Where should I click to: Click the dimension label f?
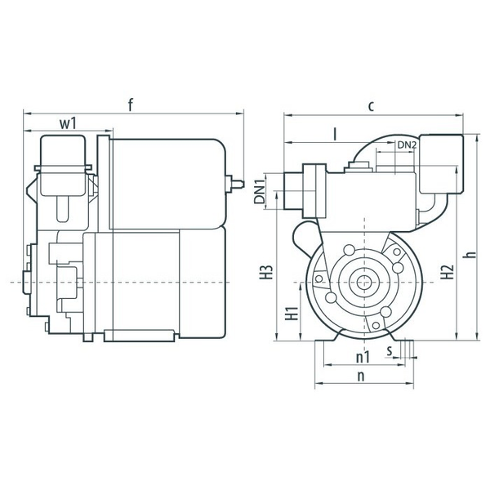click(x=131, y=105)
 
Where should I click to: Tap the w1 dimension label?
click(x=68, y=123)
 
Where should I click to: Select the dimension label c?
click(x=371, y=106)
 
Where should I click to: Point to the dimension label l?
click(x=336, y=135)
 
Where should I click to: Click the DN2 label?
click(x=407, y=145)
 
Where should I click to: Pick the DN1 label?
click(x=259, y=190)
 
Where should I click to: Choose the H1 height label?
click(x=292, y=314)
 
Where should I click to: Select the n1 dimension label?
click(x=363, y=357)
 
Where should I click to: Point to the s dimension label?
click(x=390, y=351)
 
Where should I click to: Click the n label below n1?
click(x=361, y=376)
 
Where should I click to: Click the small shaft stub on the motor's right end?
click(x=234, y=184)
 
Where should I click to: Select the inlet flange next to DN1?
click(x=314, y=190)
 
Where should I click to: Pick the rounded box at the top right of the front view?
click(x=441, y=164)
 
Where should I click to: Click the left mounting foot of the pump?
click(x=327, y=336)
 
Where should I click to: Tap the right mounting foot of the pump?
click(x=400, y=336)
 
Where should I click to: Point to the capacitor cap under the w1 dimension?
click(x=63, y=166)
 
